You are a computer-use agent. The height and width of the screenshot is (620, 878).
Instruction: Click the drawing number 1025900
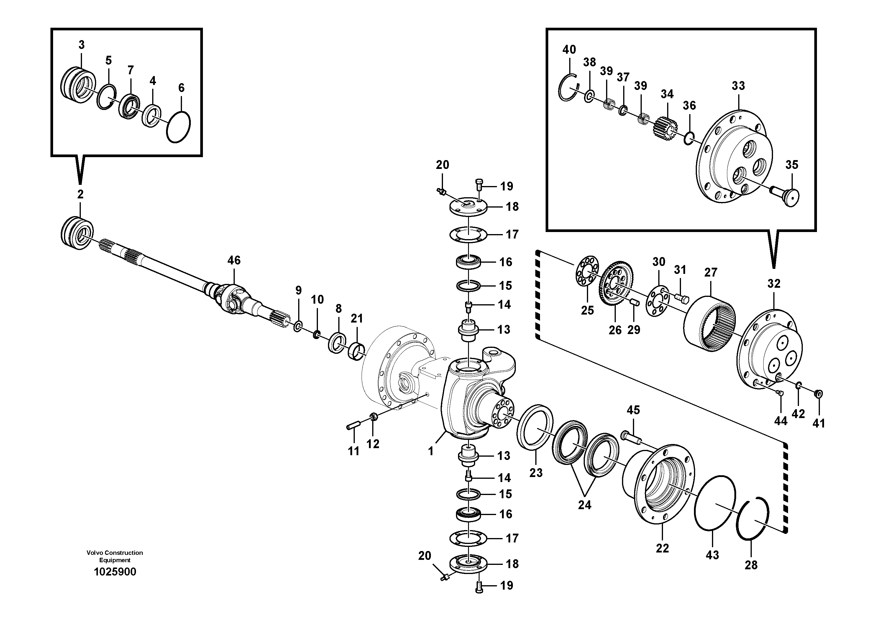(115, 572)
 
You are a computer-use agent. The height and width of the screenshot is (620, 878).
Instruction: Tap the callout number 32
(774, 284)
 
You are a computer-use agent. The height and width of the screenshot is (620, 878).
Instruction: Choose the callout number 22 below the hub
(662, 548)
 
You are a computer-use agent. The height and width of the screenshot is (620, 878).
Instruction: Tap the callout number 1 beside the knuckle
(431, 451)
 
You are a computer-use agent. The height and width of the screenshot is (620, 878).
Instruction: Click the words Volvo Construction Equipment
(115, 556)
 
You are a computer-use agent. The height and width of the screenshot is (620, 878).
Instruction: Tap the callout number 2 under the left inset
(80, 194)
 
